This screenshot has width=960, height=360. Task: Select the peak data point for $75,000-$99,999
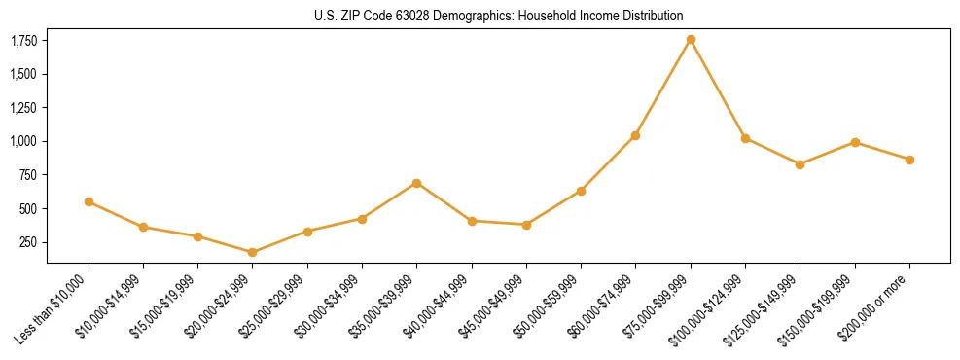691,40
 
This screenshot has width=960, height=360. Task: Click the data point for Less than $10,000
89,201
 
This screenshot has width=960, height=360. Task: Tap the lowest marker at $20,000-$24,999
253,252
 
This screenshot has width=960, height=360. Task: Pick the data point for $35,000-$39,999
416,183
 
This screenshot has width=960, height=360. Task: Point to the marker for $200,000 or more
909,160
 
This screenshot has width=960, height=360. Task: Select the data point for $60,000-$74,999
635,135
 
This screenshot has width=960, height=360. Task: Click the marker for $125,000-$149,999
800,164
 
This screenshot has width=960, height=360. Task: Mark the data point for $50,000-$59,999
581,191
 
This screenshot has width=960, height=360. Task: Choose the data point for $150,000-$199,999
855,142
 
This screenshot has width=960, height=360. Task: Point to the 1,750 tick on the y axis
23,41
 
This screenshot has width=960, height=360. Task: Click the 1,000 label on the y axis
23,141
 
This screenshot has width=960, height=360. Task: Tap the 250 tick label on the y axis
28,242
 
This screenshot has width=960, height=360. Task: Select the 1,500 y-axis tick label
23,74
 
